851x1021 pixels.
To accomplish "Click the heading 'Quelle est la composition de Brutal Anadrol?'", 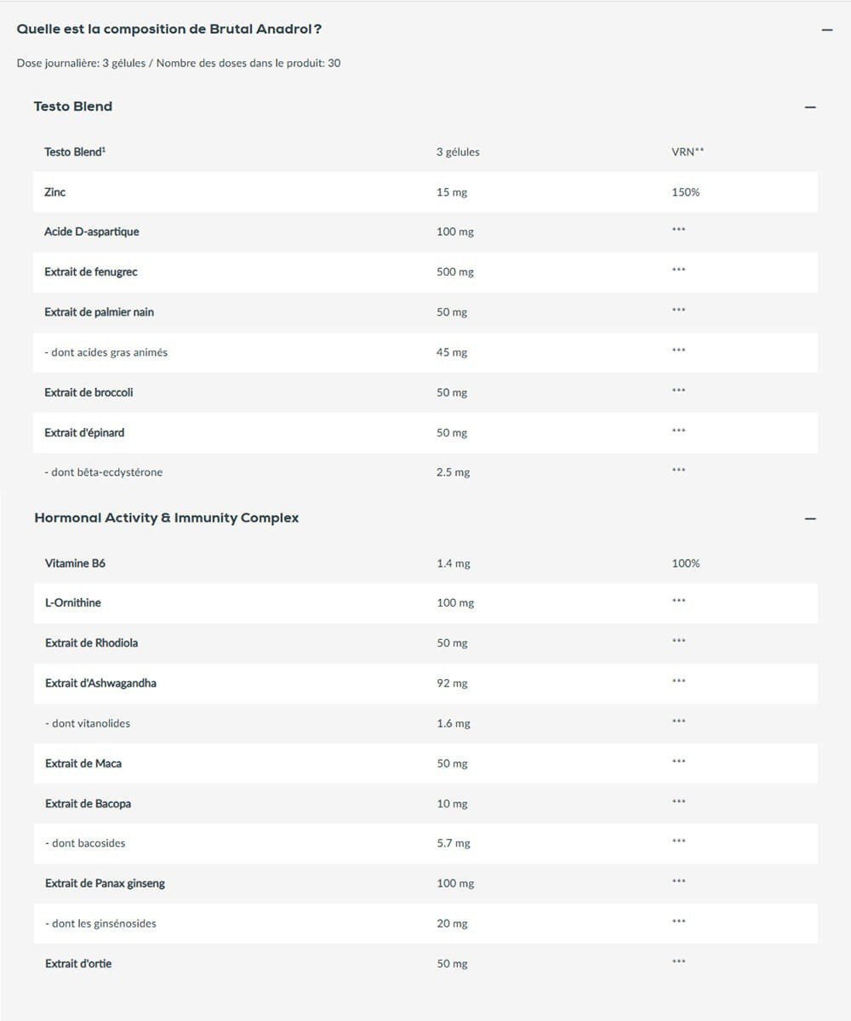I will tap(169, 29).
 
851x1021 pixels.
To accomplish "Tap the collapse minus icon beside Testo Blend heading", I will tap(810, 107).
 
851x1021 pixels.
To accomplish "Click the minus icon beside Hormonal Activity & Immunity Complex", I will tap(810, 519).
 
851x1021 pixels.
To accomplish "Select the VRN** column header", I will tap(688, 152).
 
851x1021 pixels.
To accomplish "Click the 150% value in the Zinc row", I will tap(685, 192).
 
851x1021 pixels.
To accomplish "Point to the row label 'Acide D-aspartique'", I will tap(92, 231).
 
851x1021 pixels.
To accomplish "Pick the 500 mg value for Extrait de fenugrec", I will tap(455, 272).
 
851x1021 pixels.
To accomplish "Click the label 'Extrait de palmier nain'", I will tap(100, 312).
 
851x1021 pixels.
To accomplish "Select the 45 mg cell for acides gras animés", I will tap(452, 352).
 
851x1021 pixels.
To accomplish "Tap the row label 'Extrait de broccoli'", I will tap(89, 392).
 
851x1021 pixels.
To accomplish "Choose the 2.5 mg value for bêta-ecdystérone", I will tap(453, 472).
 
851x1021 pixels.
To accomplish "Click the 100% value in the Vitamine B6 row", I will tap(685, 563).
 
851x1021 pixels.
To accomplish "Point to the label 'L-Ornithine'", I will tap(73, 602).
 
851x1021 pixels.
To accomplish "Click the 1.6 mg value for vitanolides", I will tap(453, 723).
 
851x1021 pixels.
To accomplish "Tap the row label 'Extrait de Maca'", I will tap(83, 763).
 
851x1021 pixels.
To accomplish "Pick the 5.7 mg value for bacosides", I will tap(453, 843).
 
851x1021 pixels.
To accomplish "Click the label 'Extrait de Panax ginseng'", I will tap(106, 883).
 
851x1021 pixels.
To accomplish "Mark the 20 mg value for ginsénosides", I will tap(452, 924).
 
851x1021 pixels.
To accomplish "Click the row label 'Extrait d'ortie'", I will tap(78, 964).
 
